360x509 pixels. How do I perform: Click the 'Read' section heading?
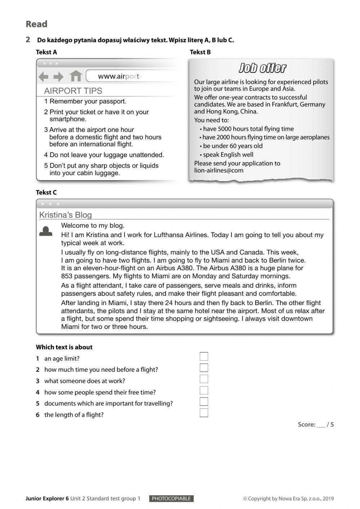point(36,24)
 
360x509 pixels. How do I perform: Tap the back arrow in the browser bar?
point(44,76)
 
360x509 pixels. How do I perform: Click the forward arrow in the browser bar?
point(58,76)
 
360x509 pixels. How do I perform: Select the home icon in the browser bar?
point(76,76)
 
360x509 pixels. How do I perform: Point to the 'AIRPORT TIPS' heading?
point(73,91)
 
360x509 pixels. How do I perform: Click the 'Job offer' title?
point(262,68)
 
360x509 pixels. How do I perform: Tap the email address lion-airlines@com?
point(219,170)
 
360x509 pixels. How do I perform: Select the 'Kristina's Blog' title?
point(66,215)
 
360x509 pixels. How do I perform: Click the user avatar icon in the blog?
point(45,231)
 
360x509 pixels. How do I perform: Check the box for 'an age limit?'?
point(204,356)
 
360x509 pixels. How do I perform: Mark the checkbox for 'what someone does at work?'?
point(204,379)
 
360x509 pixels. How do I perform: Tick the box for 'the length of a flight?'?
point(204,413)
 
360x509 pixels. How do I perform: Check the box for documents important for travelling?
point(204,402)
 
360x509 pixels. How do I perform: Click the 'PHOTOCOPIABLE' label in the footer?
point(171,499)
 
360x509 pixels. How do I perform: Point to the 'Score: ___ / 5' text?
point(315,424)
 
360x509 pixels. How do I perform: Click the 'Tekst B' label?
point(200,52)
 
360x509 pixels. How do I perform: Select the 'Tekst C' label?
point(46,192)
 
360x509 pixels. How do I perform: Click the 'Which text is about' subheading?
point(64,347)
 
